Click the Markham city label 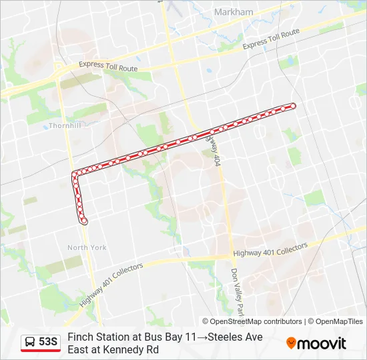pos(234,12)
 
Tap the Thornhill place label pos(64,125)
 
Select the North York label pos(87,247)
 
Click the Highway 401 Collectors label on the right pos(270,250)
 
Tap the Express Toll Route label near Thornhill pos(108,67)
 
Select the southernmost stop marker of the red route pos(84,221)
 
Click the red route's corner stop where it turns pos(74,175)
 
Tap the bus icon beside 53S pos(31,342)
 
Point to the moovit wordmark pos(322,343)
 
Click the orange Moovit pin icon pos(291,343)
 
